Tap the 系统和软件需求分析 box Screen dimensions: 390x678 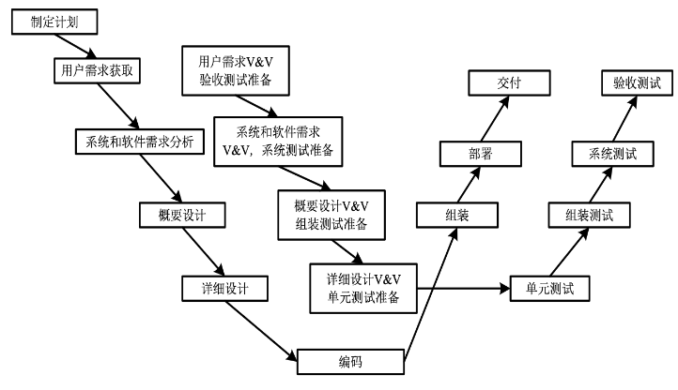pos(139,142)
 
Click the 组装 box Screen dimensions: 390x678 pos(457,215)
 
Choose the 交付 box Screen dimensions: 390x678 pos(509,83)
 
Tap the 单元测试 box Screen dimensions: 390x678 pos(549,288)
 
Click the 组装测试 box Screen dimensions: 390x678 pos(589,216)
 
